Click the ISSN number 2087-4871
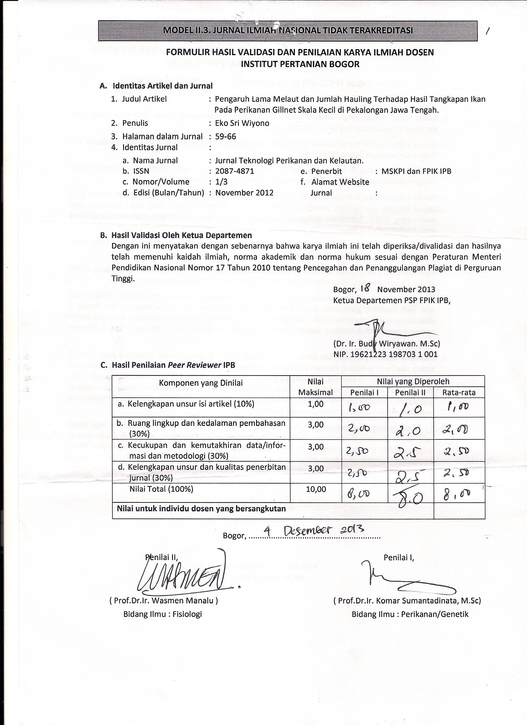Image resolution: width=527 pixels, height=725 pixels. click(x=235, y=171)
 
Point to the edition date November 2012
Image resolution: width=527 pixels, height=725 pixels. click(x=244, y=193)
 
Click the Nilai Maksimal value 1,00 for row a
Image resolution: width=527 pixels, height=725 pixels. click(x=316, y=404)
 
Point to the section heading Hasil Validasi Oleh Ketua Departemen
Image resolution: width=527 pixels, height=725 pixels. click(x=181, y=235)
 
